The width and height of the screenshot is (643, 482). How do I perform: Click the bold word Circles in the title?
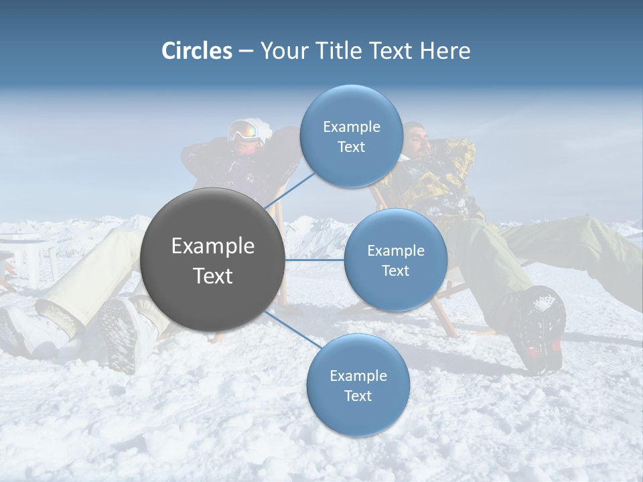197,51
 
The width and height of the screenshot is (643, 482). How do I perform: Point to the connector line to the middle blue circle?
315,260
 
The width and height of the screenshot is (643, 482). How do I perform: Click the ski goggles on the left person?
244,131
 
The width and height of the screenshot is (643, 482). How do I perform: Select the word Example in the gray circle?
212,246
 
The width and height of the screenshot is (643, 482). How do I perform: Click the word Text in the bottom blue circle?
358,396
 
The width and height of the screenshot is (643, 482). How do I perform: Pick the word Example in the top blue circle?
352,127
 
